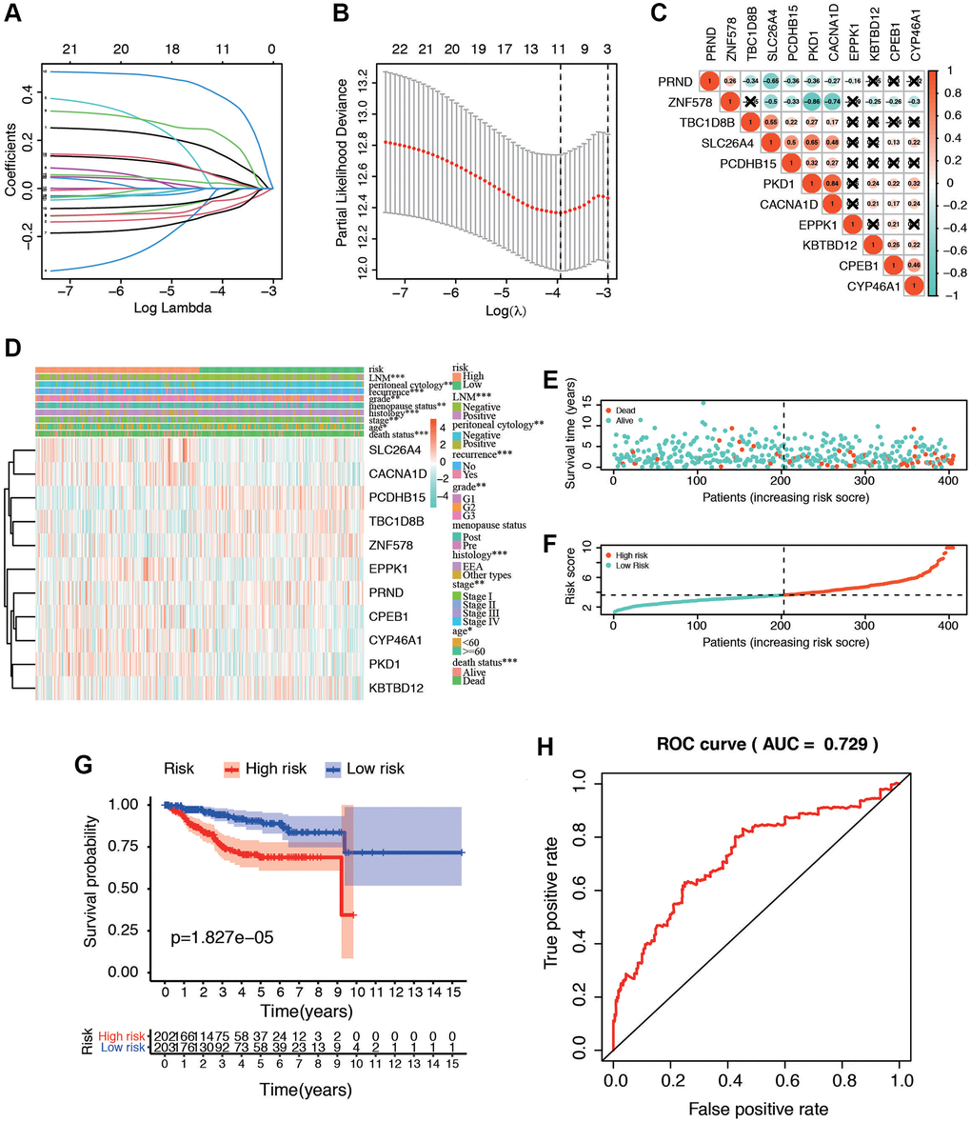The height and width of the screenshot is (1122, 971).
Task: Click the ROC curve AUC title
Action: (x=758, y=743)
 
